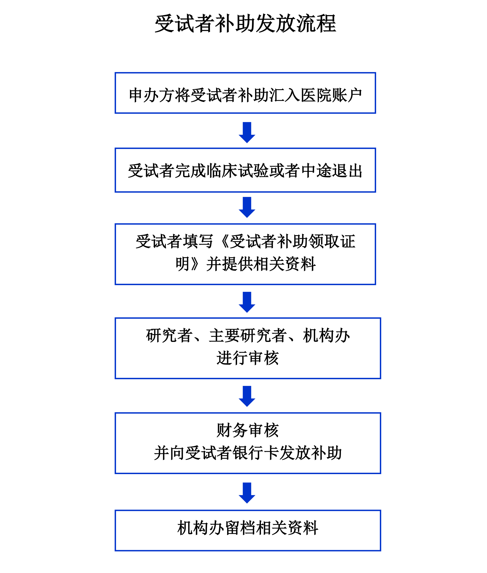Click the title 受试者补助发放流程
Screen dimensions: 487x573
(x=245, y=24)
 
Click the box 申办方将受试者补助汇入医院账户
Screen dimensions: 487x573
(x=245, y=93)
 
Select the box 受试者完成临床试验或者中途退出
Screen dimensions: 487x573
(x=245, y=170)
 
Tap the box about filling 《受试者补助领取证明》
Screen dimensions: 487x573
(x=245, y=254)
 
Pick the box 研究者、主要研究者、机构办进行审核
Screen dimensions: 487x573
(x=248, y=348)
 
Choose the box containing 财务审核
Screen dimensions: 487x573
(x=248, y=443)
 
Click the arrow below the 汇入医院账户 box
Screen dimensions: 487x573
(x=247, y=132)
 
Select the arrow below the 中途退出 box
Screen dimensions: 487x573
(x=247, y=207)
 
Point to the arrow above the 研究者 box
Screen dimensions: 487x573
(x=247, y=302)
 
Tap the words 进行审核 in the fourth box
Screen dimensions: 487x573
(x=248, y=358)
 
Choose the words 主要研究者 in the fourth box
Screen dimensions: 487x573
(x=248, y=336)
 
